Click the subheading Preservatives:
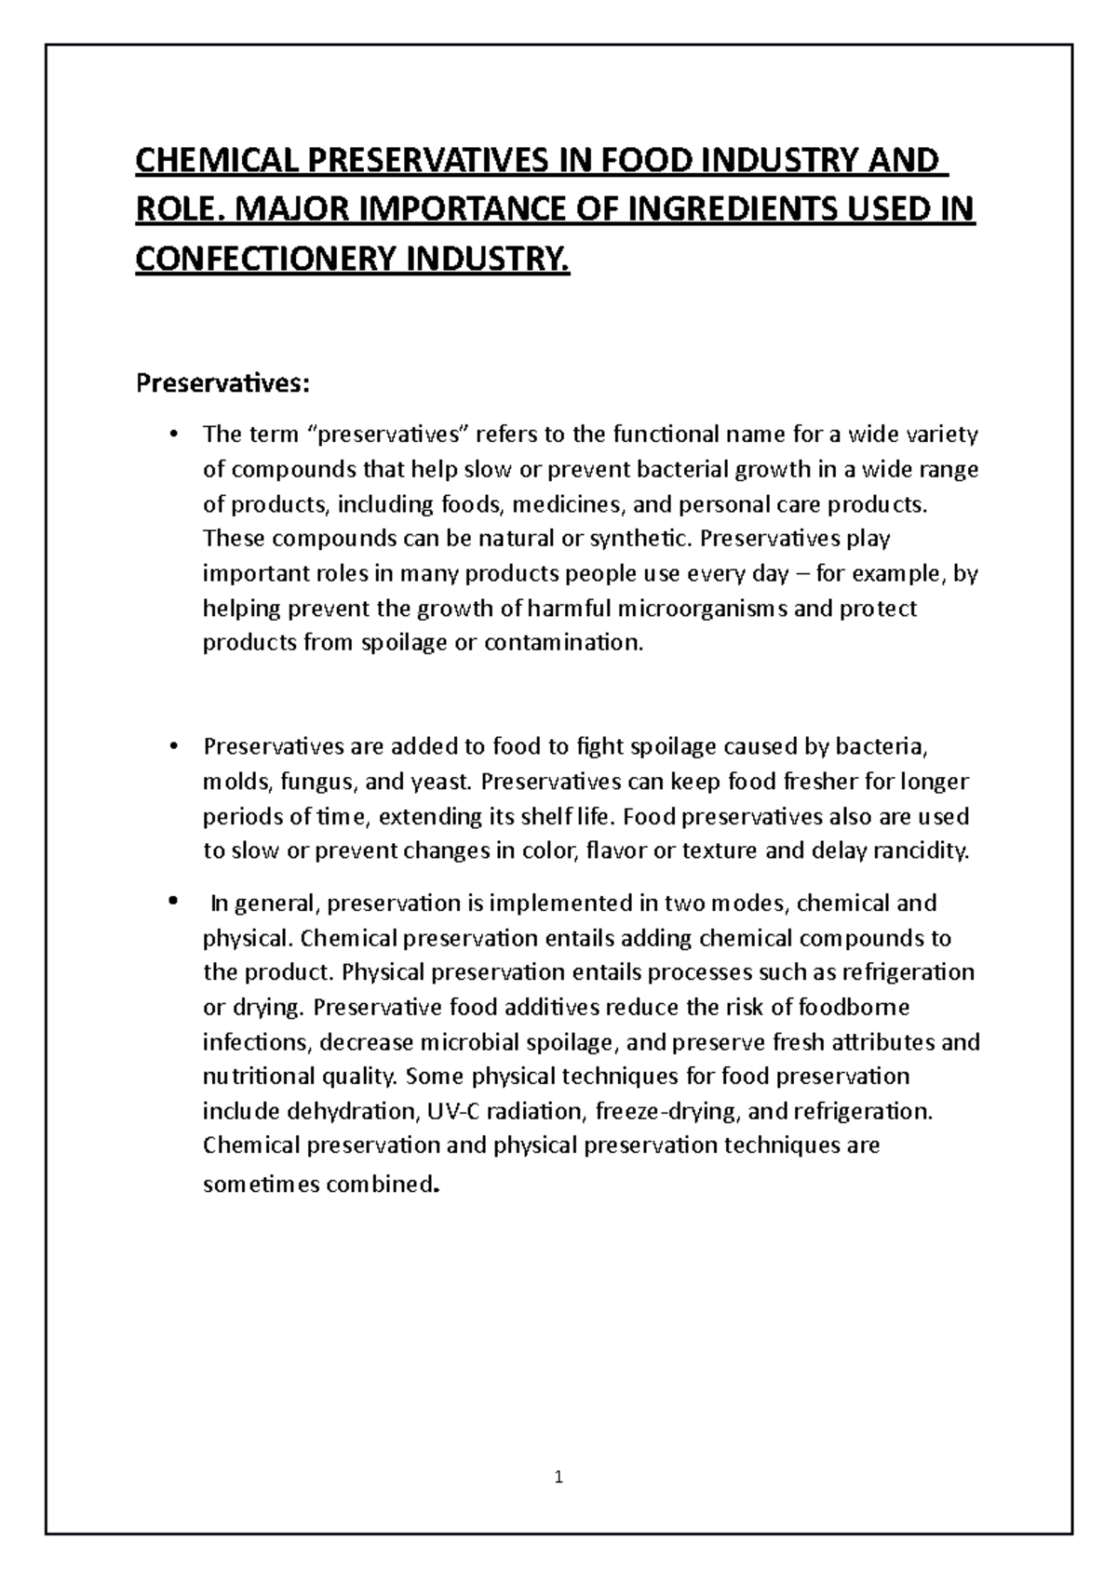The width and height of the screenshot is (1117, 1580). (222, 383)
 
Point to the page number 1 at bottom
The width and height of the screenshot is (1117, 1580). (558, 1477)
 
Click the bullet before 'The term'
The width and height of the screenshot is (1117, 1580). (173, 435)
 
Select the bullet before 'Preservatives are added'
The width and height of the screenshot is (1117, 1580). (173, 747)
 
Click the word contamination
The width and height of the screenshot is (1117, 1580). (563, 643)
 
